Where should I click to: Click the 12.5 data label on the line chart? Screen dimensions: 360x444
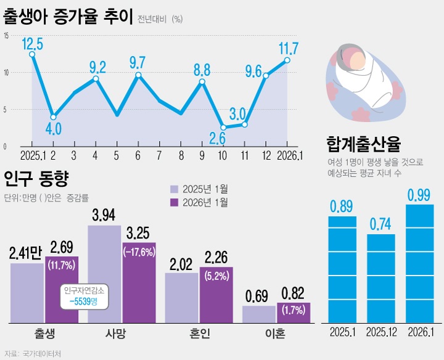(x=32, y=44)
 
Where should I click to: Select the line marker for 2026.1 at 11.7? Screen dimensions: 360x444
(x=287, y=60)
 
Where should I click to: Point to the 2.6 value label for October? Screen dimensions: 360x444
(x=217, y=138)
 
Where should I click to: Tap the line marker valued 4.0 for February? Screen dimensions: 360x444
(x=54, y=117)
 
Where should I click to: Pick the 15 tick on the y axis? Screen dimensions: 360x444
(x=6, y=36)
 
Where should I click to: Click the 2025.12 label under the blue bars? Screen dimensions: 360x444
(x=385, y=332)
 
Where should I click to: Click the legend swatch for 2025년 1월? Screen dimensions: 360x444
(x=175, y=189)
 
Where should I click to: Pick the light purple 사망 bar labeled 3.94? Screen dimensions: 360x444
(x=104, y=274)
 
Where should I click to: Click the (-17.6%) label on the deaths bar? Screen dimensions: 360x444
(x=139, y=252)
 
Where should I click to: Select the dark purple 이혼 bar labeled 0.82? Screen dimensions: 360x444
(x=293, y=313)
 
